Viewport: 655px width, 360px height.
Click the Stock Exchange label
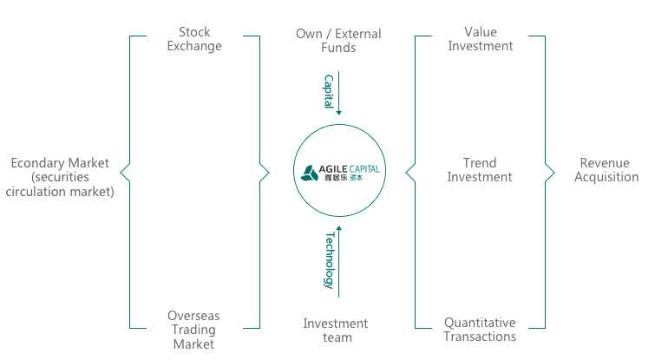click(194, 40)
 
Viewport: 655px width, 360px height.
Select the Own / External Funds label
click(338, 41)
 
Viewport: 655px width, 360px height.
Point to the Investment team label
click(335, 331)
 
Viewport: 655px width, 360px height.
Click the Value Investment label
click(480, 39)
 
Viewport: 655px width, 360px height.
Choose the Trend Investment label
click(480, 170)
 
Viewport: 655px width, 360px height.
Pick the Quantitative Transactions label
click(480, 330)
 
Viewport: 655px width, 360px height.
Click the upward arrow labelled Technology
click(338, 260)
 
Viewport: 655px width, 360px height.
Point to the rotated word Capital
click(329, 91)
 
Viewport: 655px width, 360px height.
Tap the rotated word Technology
click(329, 259)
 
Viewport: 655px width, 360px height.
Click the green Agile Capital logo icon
click(310, 172)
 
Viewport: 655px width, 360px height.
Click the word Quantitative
click(480, 323)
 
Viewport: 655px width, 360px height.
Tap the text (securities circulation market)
click(60, 185)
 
